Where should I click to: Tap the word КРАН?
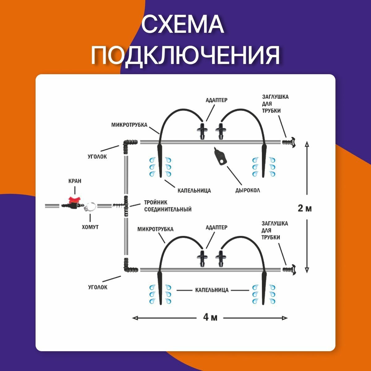click(75, 181)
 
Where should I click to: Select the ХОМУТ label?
click(90, 227)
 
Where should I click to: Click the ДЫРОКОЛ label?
click(248, 190)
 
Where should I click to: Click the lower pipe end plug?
click(289, 269)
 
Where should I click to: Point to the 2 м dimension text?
click(305, 208)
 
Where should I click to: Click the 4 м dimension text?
click(210, 317)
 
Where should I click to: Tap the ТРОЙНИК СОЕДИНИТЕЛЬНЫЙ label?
click(167, 206)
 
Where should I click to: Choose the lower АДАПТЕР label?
click(216, 227)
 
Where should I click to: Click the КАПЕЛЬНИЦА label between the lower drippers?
click(212, 290)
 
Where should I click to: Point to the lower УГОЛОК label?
click(98, 287)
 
